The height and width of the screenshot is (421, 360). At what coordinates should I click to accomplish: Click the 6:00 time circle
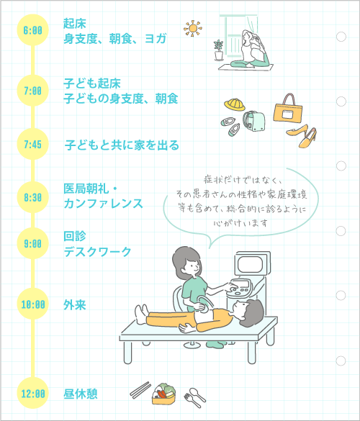click(33, 30)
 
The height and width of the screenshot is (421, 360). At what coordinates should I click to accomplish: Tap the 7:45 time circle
click(33, 144)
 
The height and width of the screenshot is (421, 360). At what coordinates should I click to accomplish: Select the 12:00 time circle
click(33, 394)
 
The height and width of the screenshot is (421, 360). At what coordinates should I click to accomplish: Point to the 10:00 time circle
click(33, 304)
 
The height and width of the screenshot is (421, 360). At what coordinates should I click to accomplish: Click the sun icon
click(193, 28)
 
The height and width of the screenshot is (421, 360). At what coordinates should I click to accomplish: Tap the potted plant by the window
click(219, 50)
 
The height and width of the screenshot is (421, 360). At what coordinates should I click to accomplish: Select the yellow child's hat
click(235, 104)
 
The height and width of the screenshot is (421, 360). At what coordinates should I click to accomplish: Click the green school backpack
click(254, 122)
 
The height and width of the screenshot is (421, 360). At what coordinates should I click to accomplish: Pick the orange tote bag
click(288, 109)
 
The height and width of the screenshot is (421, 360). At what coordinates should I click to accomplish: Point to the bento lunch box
click(164, 394)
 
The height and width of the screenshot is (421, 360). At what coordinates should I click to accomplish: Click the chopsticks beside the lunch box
click(140, 390)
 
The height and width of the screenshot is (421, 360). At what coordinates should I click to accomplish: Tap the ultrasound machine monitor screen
click(250, 264)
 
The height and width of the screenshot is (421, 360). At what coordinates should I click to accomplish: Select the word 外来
click(75, 304)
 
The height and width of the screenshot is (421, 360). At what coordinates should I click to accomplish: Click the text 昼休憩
click(81, 394)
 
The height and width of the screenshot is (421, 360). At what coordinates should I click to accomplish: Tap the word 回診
click(75, 236)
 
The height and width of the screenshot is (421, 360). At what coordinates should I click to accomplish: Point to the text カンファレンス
click(103, 204)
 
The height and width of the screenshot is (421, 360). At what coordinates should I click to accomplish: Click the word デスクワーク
click(97, 252)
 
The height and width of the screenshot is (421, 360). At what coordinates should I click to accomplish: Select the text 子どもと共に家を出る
click(122, 145)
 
